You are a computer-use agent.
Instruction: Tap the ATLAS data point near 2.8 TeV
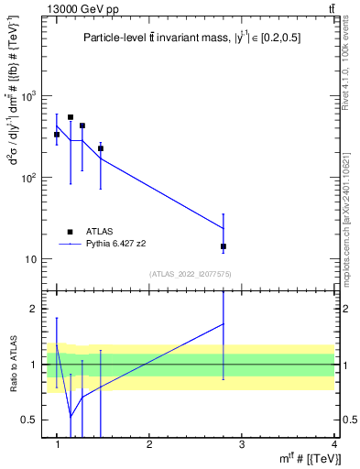(224, 246)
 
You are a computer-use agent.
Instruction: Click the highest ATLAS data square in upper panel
(71, 117)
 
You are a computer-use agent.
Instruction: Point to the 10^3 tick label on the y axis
(28, 95)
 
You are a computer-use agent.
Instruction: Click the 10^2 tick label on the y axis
(28, 177)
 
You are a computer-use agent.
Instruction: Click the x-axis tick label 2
(149, 444)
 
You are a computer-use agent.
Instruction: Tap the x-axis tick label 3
(242, 444)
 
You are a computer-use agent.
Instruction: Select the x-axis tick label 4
(334, 444)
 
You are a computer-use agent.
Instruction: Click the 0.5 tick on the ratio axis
(30, 420)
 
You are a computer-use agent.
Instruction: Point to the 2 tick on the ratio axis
(34, 310)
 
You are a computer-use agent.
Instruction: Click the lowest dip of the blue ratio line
(71, 418)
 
